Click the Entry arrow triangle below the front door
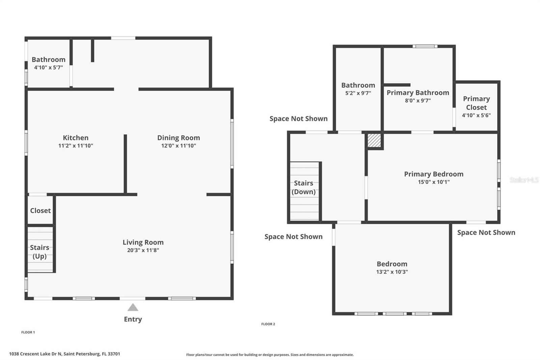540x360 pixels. click(x=133, y=307)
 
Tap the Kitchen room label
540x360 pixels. click(x=76, y=138)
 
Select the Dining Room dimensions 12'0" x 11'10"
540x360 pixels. click(x=179, y=146)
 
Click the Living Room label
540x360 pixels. click(x=143, y=242)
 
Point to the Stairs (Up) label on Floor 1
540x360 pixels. click(x=39, y=252)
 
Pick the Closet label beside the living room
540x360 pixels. click(x=40, y=210)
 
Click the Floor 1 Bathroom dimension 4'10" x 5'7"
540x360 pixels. click(x=48, y=68)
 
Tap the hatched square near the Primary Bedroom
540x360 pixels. click(x=374, y=140)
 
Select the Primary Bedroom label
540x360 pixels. click(x=434, y=174)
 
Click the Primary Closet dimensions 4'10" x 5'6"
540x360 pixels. click(x=476, y=115)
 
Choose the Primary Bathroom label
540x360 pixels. click(x=418, y=93)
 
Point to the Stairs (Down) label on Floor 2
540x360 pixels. click(x=303, y=187)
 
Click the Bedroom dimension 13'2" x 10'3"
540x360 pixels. click(x=392, y=272)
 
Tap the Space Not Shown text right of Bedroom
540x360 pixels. click(x=486, y=232)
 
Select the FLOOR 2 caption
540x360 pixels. click(x=268, y=324)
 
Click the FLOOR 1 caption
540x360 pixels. click(x=28, y=332)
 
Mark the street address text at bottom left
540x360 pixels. click(x=64, y=354)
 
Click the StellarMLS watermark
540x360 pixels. click(x=524, y=180)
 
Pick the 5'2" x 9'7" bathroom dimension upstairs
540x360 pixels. click(x=358, y=93)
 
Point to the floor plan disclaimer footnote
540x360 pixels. click(x=270, y=355)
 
